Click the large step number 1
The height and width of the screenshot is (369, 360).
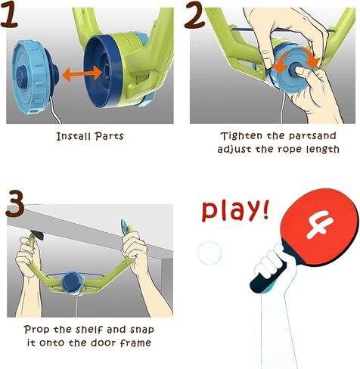coord(10,14)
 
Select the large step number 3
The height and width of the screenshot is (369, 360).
coord(15,204)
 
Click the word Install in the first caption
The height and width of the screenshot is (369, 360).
coord(73,136)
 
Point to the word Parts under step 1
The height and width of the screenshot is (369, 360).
coord(110,136)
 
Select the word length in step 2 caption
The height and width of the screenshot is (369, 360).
coord(323,150)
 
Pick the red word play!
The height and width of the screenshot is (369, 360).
coord(235,211)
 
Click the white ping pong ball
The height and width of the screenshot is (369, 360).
coord(209,253)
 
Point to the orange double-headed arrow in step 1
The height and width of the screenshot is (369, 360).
coord(82,73)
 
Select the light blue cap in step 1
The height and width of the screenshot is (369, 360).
coord(33,77)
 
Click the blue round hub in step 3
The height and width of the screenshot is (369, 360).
coord(72,282)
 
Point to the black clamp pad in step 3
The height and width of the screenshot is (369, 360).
coord(37,235)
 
